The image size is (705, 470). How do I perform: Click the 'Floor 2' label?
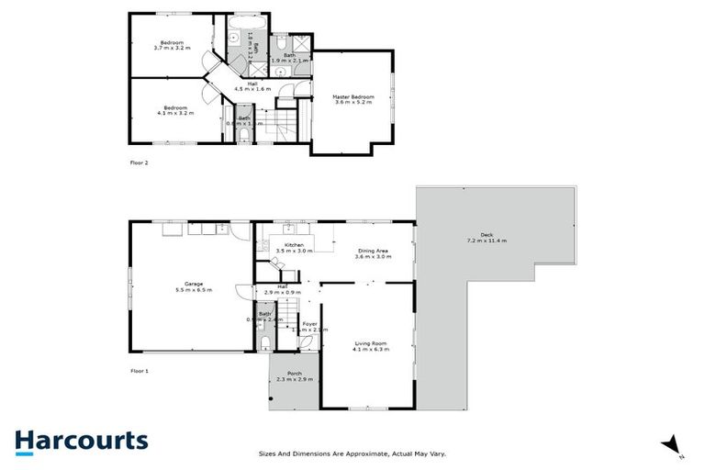pos(139,162)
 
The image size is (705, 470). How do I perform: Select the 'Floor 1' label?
pos(139,370)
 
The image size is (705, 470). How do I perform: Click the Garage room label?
pos(193,284)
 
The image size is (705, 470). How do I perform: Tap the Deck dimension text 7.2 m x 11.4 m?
pos(487,241)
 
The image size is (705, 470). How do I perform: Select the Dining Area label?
pos(373,251)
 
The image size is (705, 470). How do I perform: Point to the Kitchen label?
pos(294,245)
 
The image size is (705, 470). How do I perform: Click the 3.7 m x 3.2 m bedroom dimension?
pos(173,48)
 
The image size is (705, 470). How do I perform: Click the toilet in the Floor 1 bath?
pos(264,343)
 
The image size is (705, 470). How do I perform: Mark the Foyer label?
pos(310,323)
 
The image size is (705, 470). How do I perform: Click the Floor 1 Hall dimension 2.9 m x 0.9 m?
pos(283,292)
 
